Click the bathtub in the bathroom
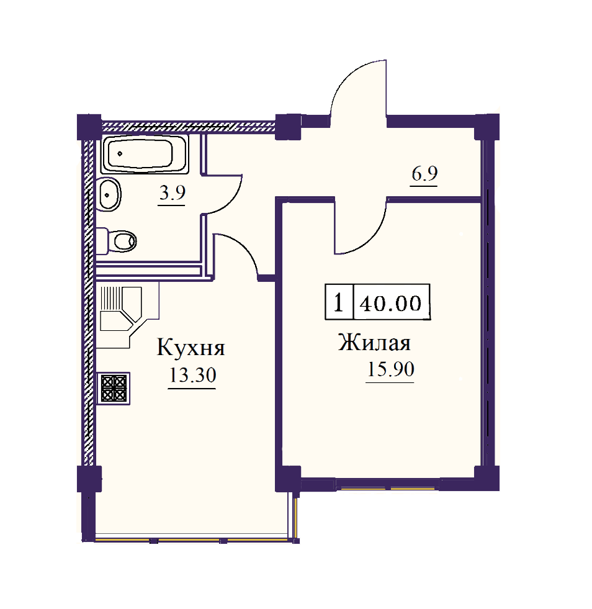pos(145,154)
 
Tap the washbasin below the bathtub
pos(109,194)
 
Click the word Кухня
pos(191,347)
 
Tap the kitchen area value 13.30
pos(192,376)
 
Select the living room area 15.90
pos(390,369)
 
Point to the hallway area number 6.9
pos(424,174)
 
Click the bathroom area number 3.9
pos(173,192)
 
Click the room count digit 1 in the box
pos(339,302)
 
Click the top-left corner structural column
pos(89,126)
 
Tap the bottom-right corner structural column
pos(487,478)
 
